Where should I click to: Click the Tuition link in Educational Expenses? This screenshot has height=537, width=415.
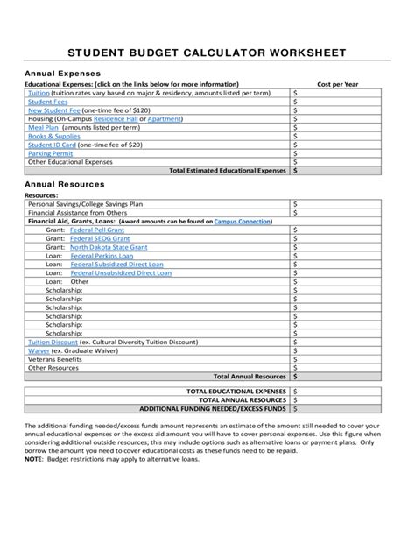pyautogui.click(x=39, y=92)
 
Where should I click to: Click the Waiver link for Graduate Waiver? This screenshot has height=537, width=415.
pyautogui.click(x=39, y=353)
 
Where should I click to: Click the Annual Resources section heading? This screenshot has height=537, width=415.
pyautogui.click(x=64, y=186)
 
